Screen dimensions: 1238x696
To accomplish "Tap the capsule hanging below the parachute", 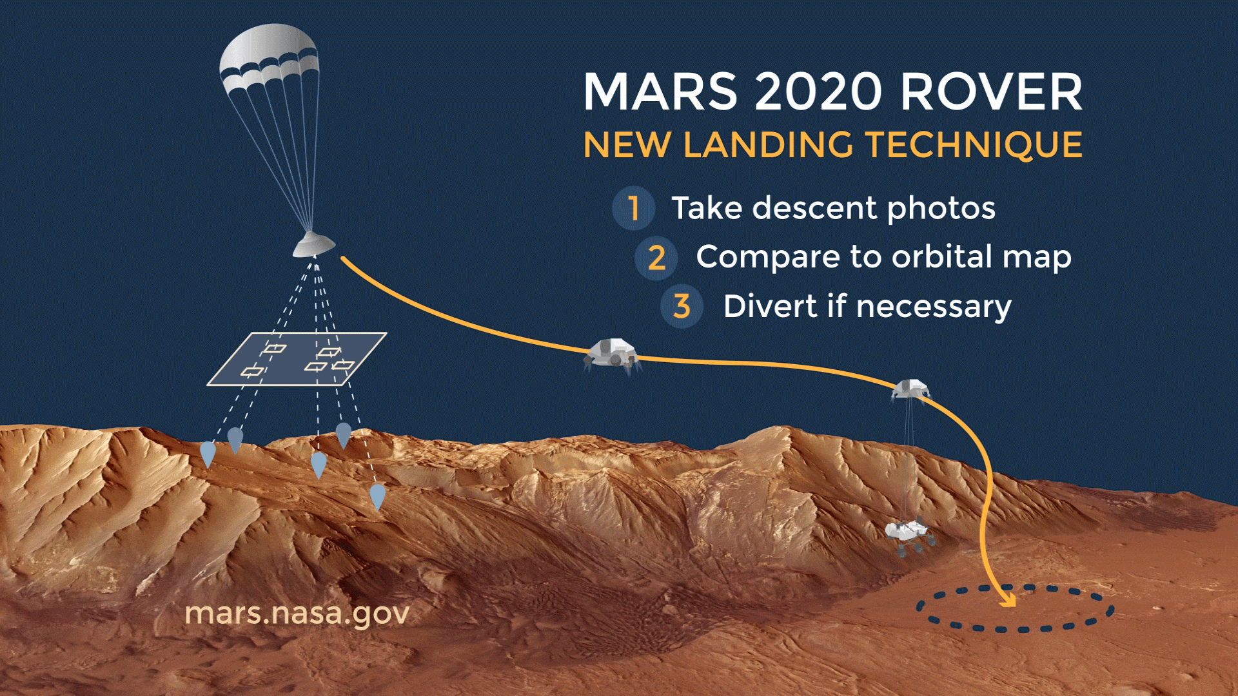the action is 314,245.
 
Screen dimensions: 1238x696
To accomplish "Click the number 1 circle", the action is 634,208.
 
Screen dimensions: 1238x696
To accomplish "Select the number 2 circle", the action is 656,258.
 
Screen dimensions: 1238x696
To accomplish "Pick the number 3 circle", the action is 682,306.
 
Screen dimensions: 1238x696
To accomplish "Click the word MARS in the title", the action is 660,92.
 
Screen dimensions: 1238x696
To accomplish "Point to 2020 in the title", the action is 818,92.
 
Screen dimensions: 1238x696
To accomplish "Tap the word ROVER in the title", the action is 991,92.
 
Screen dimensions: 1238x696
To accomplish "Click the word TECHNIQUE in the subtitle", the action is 974,145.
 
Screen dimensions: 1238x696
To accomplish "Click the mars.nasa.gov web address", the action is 297,614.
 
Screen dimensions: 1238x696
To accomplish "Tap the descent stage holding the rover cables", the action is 910,389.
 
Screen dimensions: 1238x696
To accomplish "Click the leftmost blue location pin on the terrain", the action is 208,454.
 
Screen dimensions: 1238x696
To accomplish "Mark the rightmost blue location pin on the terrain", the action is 377,497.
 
